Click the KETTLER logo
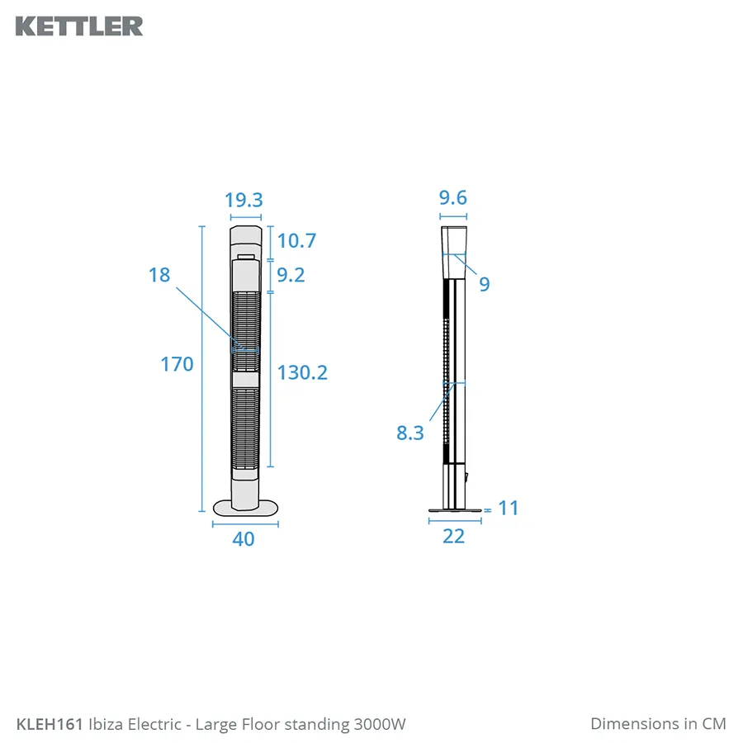pyautogui.click(x=79, y=26)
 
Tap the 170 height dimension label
pyautogui.click(x=177, y=364)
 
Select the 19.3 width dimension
pyautogui.click(x=244, y=200)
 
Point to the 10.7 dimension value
pyautogui.click(x=296, y=241)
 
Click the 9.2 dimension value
pyautogui.click(x=291, y=275)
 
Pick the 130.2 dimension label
pyautogui.click(x=302, y=372)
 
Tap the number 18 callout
pyautogui.click(x=159, y=275)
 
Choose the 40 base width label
pyautogui.click(x=244, y=539)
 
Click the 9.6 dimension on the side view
pyautogui.click(x=453, y=197)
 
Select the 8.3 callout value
pyautogui.click(x=410, y=432)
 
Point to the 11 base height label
pyautogui.click(x=509, y=508)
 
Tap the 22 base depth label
pyautogui.click(x=454, y=536)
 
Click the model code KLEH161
pyautogui.click(x=50, y=725)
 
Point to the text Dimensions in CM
pyautogui.click(x=658, y=724)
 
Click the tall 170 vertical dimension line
pyautogui.click(x=201, y=367)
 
